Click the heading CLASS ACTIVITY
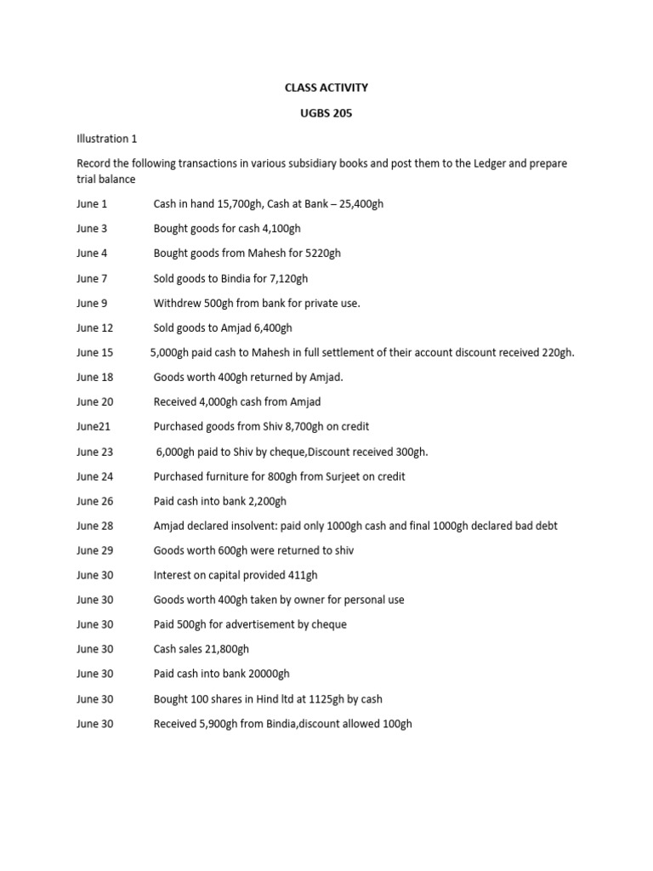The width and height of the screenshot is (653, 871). (326, 88)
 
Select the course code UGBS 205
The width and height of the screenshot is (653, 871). (326, 113)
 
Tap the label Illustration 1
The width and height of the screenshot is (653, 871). (106, 138)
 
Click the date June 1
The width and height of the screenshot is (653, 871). (92, 204)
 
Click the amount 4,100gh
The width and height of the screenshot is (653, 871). (275, 229)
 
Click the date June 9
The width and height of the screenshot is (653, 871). (92, 303)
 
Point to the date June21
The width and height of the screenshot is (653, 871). (94, 427)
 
